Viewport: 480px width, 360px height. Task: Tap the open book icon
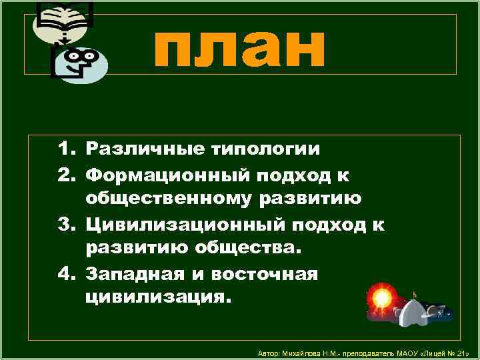[x=64, y=19]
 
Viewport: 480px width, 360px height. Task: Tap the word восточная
[x=265, y=274]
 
